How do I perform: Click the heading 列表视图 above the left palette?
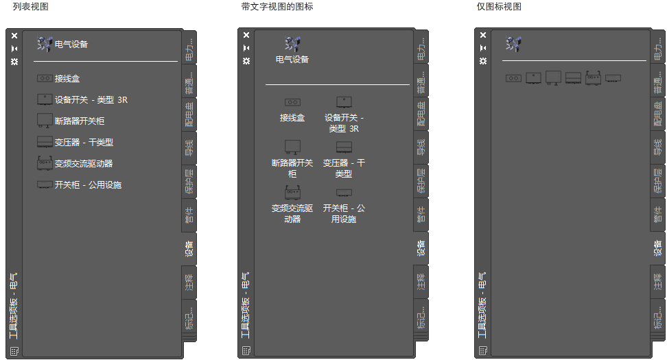(x=30, y=6)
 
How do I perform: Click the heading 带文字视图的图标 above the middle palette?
(x=277, y=6)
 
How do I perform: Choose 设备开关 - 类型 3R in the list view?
(x=91, y=99)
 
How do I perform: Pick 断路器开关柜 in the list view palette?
(x=80, y=121)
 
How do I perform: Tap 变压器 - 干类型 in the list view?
(x=84, y=143)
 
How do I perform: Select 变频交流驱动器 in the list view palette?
(x=84, y=164)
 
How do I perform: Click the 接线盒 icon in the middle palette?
(x=292, y=102)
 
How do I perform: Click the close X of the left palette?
(x=14, y=36)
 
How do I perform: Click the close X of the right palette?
(x=483, y=36)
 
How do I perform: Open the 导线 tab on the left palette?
(x=189, y=147)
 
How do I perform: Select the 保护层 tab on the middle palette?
(x=421, y=180)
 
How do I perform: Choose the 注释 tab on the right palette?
(x=657, y=281)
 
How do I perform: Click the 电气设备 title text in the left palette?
(x=71, y=45)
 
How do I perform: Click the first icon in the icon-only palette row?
(x=513, y=78)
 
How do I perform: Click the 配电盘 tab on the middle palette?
(x=421, y=114)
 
